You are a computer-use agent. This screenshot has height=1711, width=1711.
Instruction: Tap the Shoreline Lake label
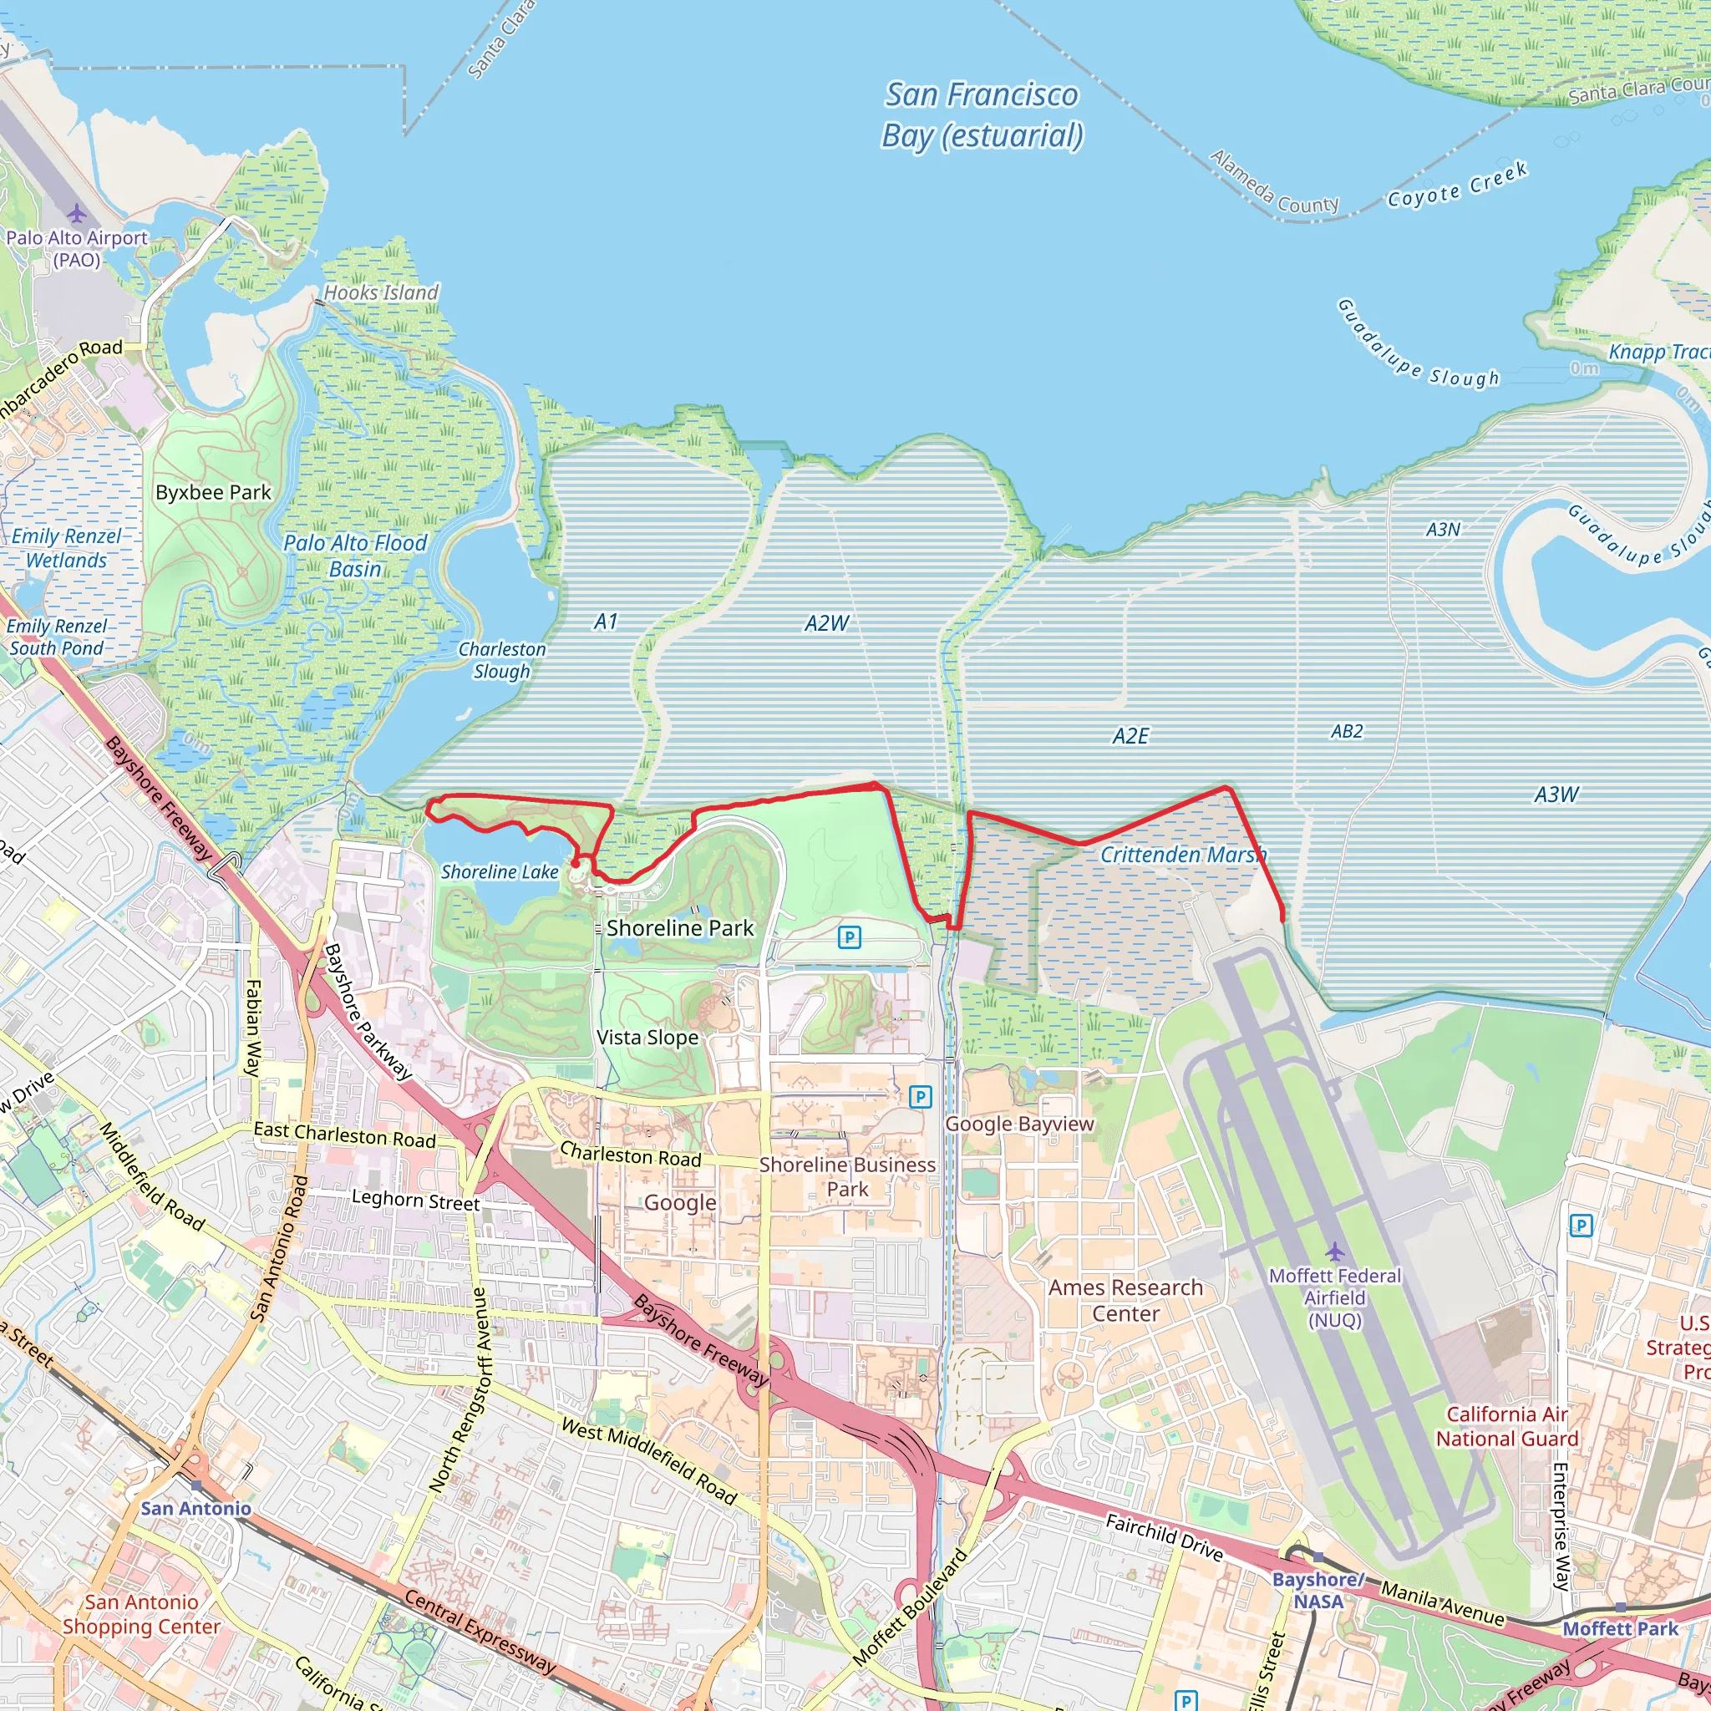pyautogui.click(x=500, y=872)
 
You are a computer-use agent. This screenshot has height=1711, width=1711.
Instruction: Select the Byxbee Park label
pyautogui.click(x=213, y=492)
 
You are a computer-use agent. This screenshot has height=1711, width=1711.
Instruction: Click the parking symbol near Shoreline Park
pyautogui.click(x=850, y=937)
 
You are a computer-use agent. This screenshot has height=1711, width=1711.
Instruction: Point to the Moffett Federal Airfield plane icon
pyautogui.click(x=1334, y=1252)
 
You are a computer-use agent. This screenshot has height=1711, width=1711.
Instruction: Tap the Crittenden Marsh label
pyautogui.click(x=1183, y=855)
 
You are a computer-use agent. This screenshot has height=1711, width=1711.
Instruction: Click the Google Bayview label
pyautogui.click(x=1019, y=1124)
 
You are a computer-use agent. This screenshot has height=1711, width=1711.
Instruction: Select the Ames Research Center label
pyautogui.click(x=1125, y=1300)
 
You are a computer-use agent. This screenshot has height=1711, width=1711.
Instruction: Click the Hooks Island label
pyautogui.click(x=381, y=292)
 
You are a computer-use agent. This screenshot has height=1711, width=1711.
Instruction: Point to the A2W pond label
pyautogui.click(x=826, y=623)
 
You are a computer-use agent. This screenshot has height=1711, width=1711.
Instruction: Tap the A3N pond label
pyautogui.click(x=1443, y=530)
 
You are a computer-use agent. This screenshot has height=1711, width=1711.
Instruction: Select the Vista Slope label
pyautogui.click(x=647, y=1037)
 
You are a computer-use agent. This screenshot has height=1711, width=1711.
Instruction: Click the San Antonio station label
pyautogui.click(x=195, y=1508)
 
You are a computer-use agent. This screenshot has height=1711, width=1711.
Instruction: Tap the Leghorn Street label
pyautogui.click(x=415, y=1200)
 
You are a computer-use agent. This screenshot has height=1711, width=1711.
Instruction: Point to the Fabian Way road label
pyautogui.click(x=253, y=1028)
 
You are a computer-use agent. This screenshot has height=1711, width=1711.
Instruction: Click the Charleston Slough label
pyautogui.click(x=502, y=660)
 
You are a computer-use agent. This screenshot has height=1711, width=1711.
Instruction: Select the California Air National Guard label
pyautogui.click(x=1506, y=1427)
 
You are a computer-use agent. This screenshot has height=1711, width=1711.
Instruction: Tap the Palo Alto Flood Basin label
pyautogui.click(x=355, y=556)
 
